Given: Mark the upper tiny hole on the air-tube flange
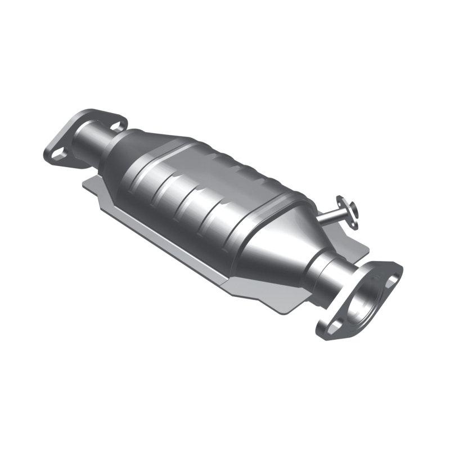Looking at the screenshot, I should (x=341, y=199).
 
